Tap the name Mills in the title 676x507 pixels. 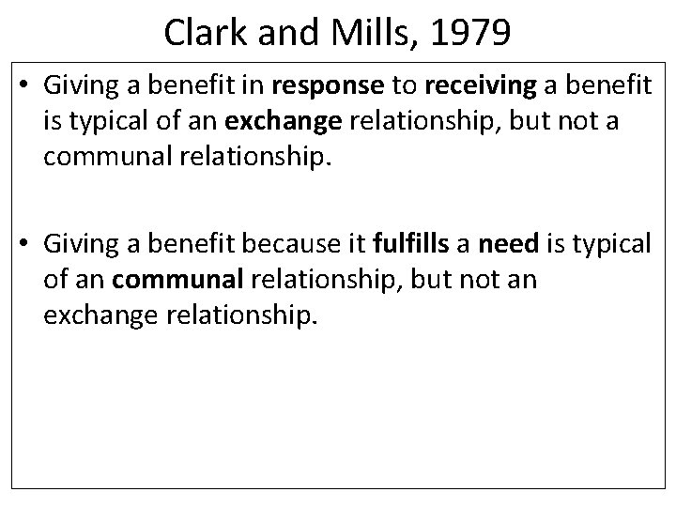tap(363, 34)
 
